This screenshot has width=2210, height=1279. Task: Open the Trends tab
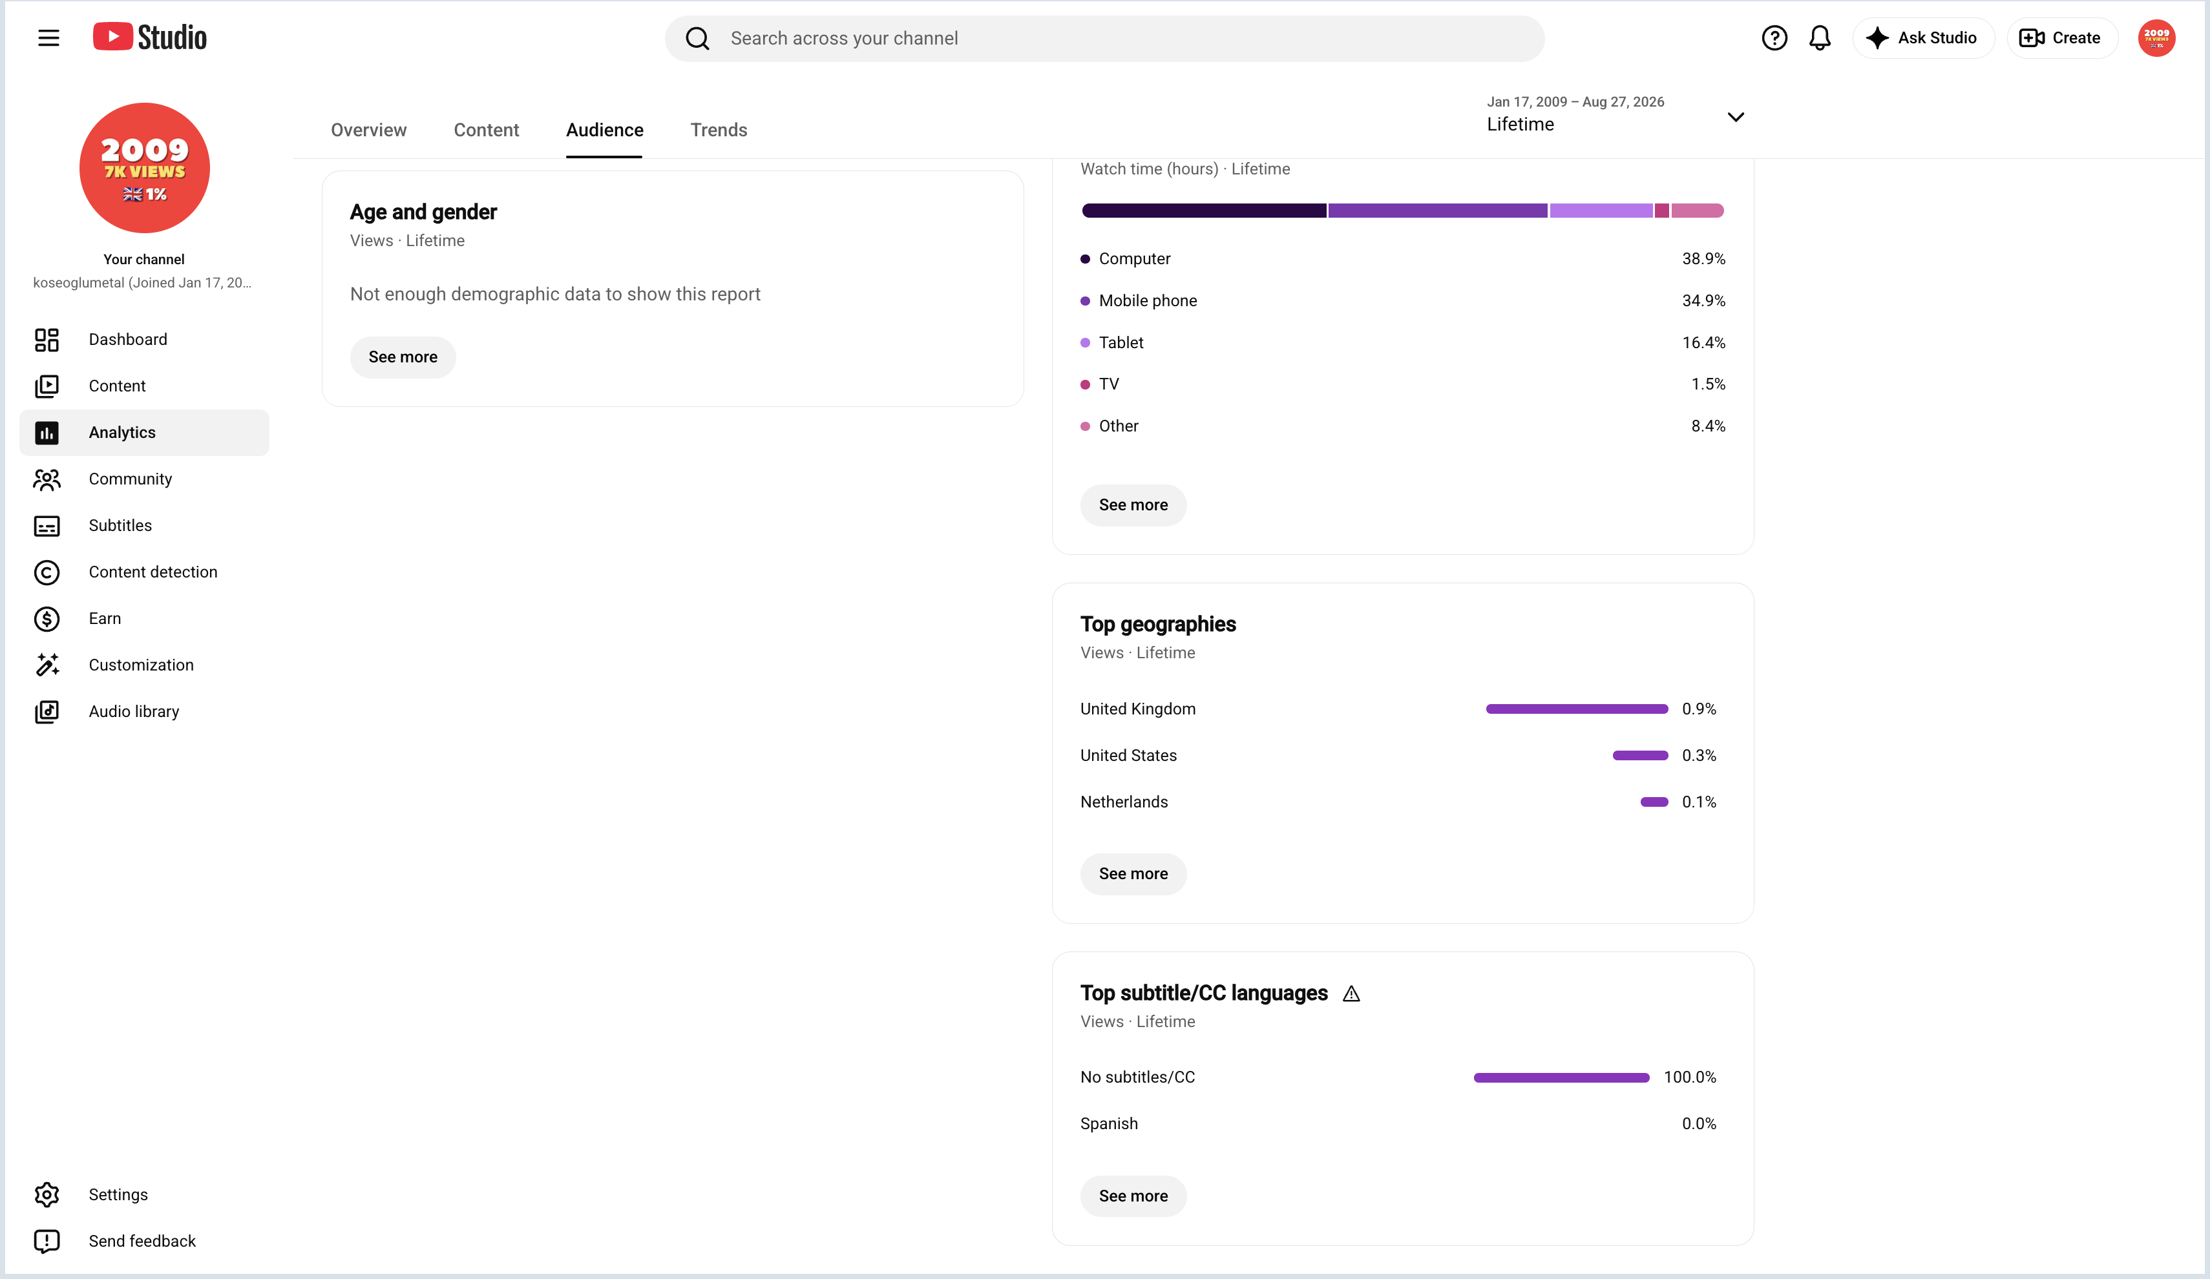(x=719, y=130)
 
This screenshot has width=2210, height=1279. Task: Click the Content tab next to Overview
(x=486, y=130)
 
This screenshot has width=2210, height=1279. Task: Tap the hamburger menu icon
(x=48, y=37)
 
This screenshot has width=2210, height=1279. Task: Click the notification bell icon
(x=1820, y=37)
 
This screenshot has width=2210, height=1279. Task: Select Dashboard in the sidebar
(x=127, y=339)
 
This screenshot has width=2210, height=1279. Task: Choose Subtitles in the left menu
(x=120, y=525)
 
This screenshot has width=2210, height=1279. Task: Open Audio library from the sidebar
(x=133, y=711)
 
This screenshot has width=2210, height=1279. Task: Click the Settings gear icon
(x=47, y=1194)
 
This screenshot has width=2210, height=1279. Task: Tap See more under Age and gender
(x=403, y=357)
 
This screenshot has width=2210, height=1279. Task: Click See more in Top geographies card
(x=1133, y=873)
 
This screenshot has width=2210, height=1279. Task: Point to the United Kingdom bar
(x=1577, y=709)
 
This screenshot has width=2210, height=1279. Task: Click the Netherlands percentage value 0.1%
(x=1699, y=801)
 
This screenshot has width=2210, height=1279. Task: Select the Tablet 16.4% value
(x=1703, y=342)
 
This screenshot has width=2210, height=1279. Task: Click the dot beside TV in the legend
(x=1085, y=384)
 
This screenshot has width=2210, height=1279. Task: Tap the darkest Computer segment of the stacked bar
(x=1204, y=211)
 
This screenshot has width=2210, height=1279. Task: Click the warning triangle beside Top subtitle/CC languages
(x=1351, y=993)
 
